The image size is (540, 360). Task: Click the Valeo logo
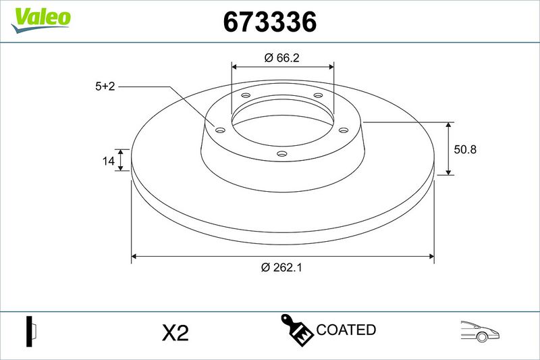click(x=40, y=20)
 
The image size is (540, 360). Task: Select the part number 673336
click(x=269, y=22)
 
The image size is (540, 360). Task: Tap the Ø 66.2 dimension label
click(x=281, y=58)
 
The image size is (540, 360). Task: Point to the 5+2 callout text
click(x=105, y=86)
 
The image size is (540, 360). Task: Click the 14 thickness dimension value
click(x=108, y=161)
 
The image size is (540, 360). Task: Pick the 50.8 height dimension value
click(x=465, y=149)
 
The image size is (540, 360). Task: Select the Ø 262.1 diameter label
click(x=281, y=267)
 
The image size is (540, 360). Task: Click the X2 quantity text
click(x=175, y=333)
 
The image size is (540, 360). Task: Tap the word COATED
click(x=346, y=330)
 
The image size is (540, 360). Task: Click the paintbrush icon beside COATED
click(x=296, y=330)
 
